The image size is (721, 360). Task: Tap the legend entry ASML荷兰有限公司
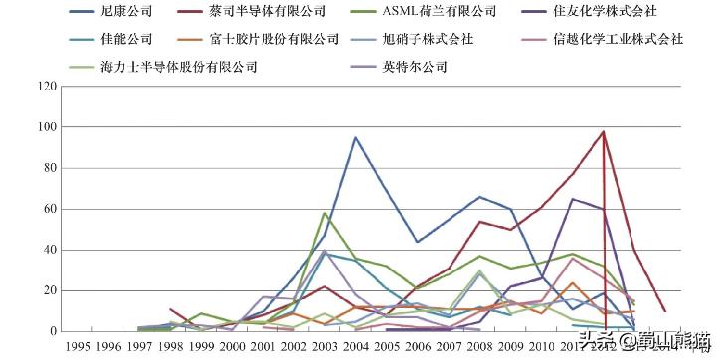pos(440,13)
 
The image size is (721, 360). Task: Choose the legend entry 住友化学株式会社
pos(613,13)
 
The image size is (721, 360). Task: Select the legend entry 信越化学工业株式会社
pos(621,40)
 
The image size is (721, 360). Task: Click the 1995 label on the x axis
pos(79,346)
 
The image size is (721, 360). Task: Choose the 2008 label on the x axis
pos(479,346)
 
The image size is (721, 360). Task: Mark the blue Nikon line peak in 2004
pos(355,137)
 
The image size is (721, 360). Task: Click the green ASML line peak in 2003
pos(325,213)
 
